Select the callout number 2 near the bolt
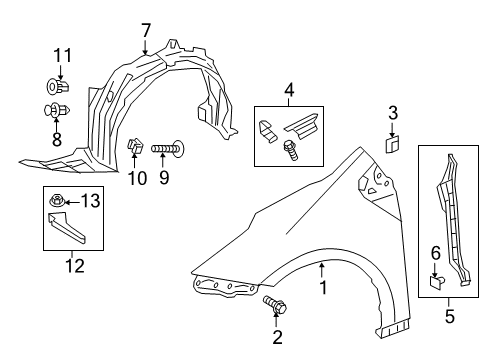277,337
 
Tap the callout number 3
393,112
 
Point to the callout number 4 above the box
289,92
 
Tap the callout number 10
137,178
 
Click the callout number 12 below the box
70,265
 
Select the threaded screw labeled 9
166,150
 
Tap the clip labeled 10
136,148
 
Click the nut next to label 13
59,204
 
